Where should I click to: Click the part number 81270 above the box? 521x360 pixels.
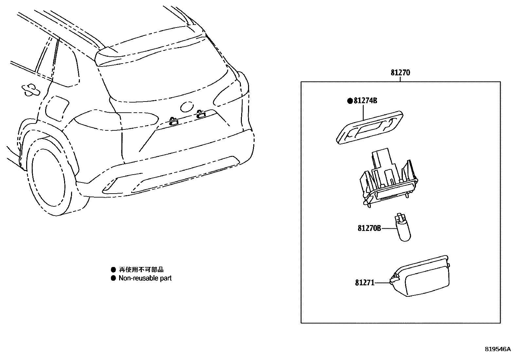coord(400,73)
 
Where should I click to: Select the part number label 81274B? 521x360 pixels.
coord(365,101)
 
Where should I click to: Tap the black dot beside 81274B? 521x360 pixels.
coord(350,101)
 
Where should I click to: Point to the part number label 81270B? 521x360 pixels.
coord(369,228)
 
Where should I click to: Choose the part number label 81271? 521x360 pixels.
coord(365,282)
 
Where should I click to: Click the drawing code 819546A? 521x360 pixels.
coord(497,349)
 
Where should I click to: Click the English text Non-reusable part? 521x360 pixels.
coord(145,278)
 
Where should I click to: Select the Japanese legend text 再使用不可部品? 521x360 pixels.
coord(141,270)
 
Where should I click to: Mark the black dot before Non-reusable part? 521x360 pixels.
coord(113,278)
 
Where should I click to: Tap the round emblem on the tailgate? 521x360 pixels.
coord(187,106)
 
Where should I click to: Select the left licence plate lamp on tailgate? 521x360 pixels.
coord(174,121)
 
